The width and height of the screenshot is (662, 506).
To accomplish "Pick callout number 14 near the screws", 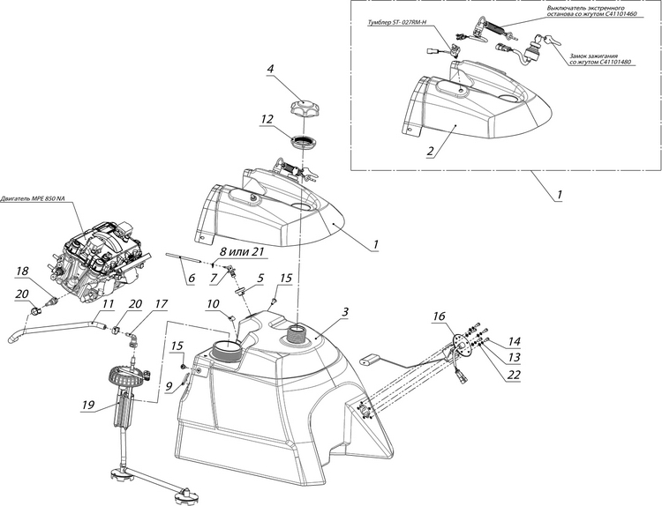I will tap(513, 340).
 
